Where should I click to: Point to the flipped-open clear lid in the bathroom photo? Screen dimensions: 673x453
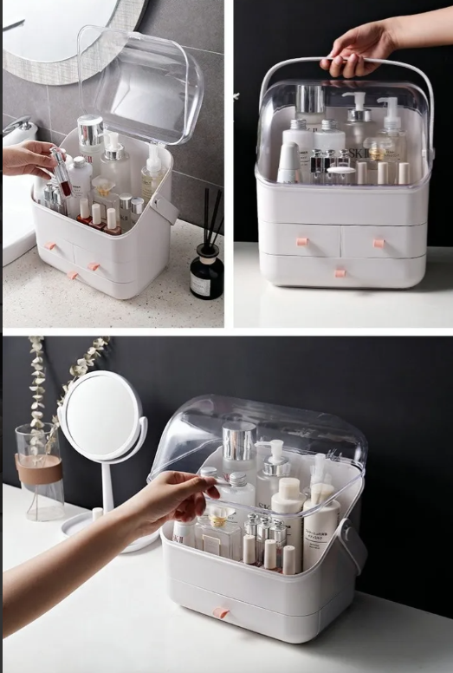[x=143, y=82]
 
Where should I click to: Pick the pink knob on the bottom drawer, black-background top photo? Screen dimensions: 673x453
[x=340, y=272]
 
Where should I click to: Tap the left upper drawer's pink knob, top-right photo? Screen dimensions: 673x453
[x=301, y=242]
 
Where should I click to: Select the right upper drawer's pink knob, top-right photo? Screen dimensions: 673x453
[x=379, y=243]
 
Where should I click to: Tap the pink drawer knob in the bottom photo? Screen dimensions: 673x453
[x=221, y=612]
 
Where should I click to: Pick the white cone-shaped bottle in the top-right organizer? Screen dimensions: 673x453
[x=289, y=164]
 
